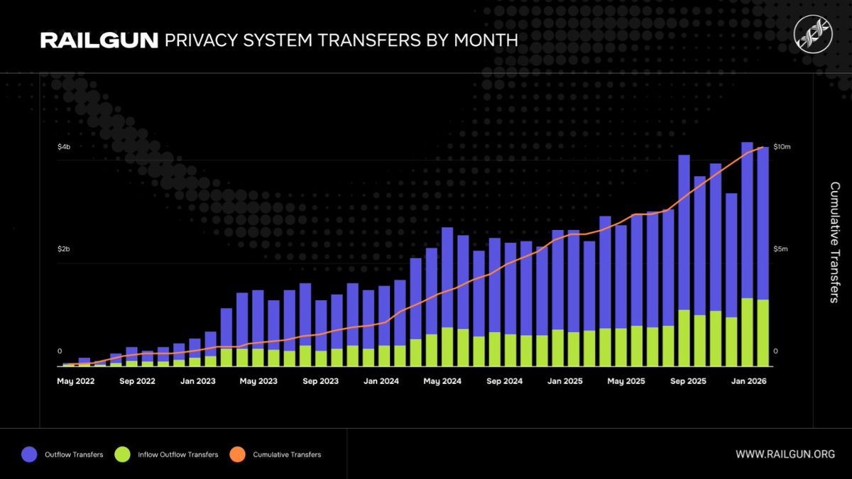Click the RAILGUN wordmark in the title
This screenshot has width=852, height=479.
pyautogui.click(x=99, y=40)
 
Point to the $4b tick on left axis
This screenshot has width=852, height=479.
pyautogui.click(x=64, y=147)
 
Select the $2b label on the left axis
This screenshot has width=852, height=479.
pyautogui.click(x=64, y=250)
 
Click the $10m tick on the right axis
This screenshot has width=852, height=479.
pyautogui.click(x=781, y=147)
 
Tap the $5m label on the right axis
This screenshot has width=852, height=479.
pyautogui.click(x=780, y=250)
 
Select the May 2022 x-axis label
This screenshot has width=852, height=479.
pyautogui.click(x=76, y=381)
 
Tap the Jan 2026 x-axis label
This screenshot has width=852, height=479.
pyautogui.click(x=749, y=381)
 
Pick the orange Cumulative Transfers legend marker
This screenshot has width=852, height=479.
pyautogui.click(x=238, y=454)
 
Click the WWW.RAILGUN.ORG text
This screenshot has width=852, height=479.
pyautogui.click(x=785, y=454)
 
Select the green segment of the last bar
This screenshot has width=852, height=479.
pyautogui.click(x=763, y=333)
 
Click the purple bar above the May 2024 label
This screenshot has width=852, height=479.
pyautogui.click(x=447, y=277)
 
